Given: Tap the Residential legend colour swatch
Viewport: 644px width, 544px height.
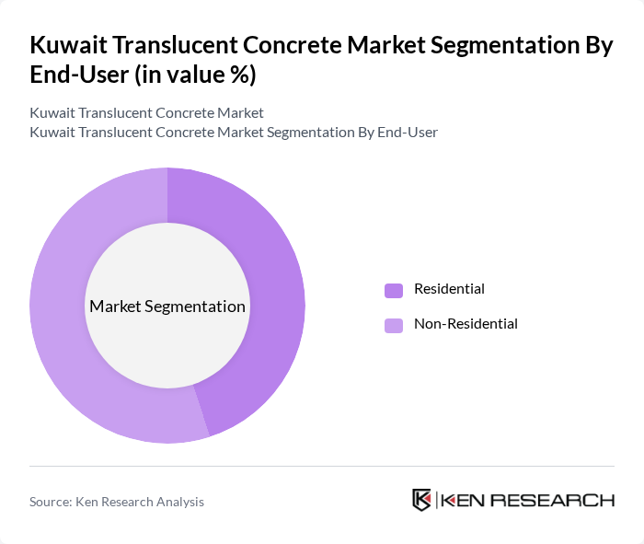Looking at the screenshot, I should (394, 290).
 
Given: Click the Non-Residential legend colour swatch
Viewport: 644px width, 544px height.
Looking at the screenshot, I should (394, 325).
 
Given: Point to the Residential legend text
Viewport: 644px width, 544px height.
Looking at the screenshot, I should (449, 289).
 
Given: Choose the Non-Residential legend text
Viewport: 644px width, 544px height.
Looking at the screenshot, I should (466, 324).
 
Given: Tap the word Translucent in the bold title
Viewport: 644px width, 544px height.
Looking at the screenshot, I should (182, 47).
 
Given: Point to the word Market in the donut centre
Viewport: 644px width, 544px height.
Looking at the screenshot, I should (116, 307).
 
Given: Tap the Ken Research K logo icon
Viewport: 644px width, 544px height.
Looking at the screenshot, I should (422, 500).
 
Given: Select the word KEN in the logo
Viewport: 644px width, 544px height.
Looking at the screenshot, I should (465, 501).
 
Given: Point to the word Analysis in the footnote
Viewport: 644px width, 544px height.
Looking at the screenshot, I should (178, 502).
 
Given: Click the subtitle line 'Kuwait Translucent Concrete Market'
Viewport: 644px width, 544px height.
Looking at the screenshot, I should (146, 112).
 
